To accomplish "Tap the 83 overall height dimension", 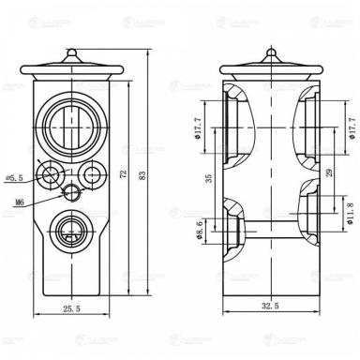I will pyautogui.click(x=142, y=175).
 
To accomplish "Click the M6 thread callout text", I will pyautogui.click(x=20, y=201).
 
